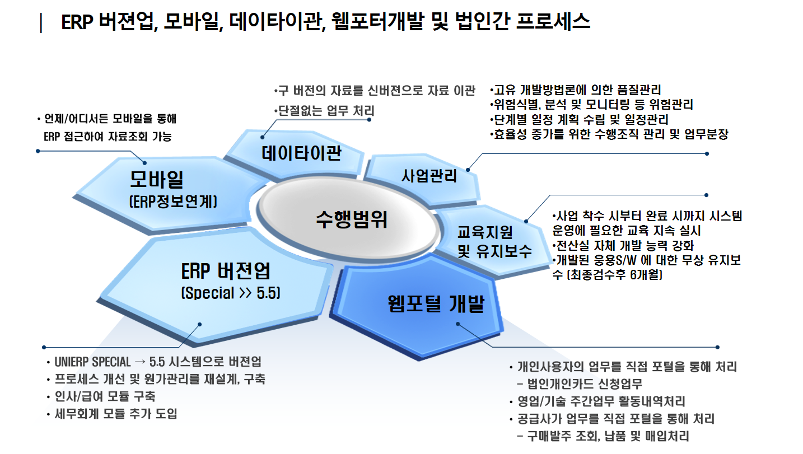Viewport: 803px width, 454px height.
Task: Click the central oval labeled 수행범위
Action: [351, 219]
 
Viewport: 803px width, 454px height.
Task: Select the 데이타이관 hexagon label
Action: [301, 153]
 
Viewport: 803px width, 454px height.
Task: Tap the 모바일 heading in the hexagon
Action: [157, 180]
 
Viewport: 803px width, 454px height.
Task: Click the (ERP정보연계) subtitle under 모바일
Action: [172, 202]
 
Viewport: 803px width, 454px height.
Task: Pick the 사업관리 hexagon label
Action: [429, 176]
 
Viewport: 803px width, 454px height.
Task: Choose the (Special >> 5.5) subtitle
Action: [230, 293]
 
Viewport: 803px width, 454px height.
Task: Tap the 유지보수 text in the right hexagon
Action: [494, 250]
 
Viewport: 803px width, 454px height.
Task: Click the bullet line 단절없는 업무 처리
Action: [325, 111]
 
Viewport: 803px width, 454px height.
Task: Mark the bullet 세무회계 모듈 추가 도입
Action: [116, 414]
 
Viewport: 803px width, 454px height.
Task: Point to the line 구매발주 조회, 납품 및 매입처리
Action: [608, 436]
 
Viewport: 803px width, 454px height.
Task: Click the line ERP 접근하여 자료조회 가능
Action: [108, 136]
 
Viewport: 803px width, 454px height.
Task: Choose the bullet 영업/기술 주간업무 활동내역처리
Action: [600, 401]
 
